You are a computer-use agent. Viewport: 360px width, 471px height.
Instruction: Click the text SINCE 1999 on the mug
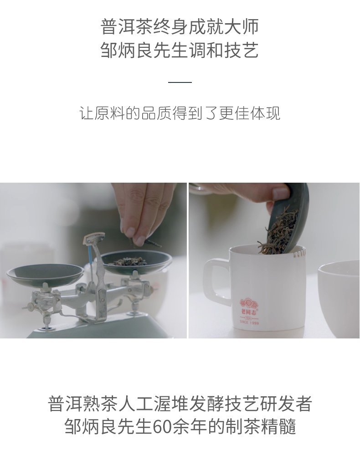(x=249, y=323)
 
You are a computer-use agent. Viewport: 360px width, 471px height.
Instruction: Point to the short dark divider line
(x=180, y=82)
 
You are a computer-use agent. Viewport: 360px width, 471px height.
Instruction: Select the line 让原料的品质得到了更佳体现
(x=180, y=113)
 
